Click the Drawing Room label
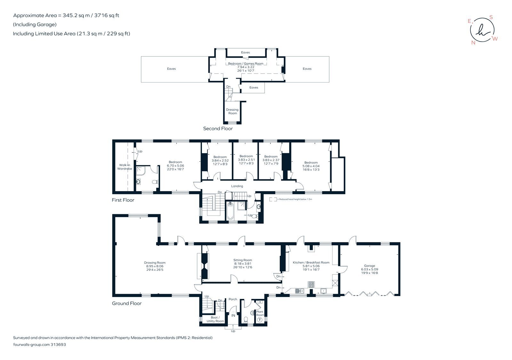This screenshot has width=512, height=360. pos(155,262)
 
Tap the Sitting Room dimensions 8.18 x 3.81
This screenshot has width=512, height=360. pos(243,264)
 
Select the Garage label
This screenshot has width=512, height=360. pos(369,266)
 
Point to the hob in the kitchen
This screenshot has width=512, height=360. pos(311,284)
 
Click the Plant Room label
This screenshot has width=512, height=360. pos(260,313)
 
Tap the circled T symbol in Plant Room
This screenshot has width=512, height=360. pos(260,319)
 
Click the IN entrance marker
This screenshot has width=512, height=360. pos(233,316)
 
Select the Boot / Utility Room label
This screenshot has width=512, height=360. pos(215,319)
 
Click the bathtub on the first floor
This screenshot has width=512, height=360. pos(230,212)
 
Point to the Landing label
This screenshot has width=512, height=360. pos(237,186)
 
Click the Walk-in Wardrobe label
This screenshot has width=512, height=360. pos(124,167)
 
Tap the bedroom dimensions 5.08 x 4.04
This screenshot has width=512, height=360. pos(311,166)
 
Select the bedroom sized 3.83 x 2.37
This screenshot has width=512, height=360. pos(271,160)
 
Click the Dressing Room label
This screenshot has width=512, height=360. pos(232,111)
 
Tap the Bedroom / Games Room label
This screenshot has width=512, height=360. pos(245,64)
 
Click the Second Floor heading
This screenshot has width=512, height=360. pos(218,129)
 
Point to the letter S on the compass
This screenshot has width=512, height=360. pos(491,18)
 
